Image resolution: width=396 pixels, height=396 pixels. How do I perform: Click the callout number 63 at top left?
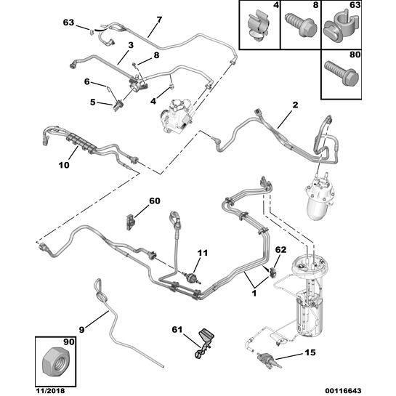(68, 23)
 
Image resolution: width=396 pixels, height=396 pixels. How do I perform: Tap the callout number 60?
(154, 201)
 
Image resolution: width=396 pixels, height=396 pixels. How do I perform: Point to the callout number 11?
(203, 253)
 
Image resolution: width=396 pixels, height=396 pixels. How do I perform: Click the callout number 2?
(295, 105)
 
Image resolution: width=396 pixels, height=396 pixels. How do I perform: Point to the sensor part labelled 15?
(266, 357)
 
